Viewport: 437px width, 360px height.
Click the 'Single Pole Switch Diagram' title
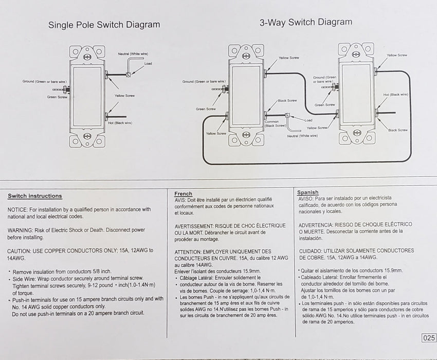click(104, 25)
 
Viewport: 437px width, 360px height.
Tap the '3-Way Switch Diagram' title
click(306, 22)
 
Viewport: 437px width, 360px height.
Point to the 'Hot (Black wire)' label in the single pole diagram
click(120, 123)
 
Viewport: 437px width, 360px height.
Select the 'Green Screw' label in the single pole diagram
click(58, 97)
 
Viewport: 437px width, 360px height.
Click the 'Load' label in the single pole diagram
click(148, 63)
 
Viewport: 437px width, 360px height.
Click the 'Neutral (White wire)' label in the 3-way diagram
click(302, 136)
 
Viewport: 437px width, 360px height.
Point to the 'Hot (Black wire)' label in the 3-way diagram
click(396, 95)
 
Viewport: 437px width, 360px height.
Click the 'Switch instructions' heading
click(35, 196)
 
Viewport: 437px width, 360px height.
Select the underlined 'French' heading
click(184, 194)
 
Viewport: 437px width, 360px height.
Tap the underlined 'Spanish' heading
click(308, 192)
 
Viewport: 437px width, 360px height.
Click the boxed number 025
click(429, 338)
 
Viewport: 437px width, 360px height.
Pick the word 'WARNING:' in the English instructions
click(21, 230)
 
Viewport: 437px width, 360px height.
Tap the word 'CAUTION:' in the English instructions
click(19, 250)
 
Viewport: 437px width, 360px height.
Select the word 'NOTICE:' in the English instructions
click(17, 209)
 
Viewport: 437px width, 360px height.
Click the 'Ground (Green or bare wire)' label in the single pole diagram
click(44, 82)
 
